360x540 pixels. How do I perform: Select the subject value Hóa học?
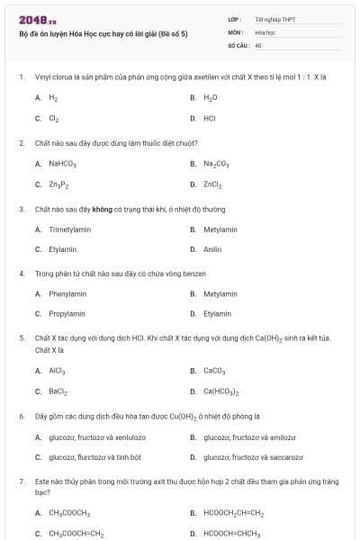click(264, 31)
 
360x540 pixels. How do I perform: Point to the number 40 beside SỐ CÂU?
click(258, 44)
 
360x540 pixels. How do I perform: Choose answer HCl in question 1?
click(210, 118)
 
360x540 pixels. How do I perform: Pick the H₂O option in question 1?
click(211, 97)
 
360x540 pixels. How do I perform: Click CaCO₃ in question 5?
click(214, 370)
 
